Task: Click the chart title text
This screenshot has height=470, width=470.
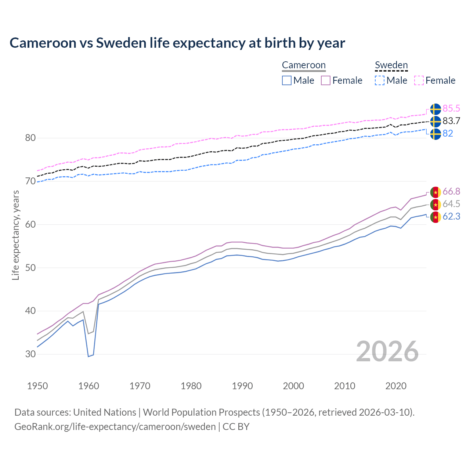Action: (177, 43)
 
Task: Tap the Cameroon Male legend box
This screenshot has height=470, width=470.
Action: (287, 80)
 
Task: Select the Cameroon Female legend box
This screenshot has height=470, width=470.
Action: (326, 80)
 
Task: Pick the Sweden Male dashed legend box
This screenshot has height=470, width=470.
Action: (380, 80)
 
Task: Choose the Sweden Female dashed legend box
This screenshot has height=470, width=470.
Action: (419, 80)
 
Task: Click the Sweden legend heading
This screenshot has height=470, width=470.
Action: (391, 65)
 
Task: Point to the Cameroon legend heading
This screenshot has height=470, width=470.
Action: (304, 65)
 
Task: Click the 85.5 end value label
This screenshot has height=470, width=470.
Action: (451, 109)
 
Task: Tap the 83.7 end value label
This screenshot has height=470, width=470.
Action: (451, 121)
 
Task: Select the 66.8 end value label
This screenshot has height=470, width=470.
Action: (451, 192)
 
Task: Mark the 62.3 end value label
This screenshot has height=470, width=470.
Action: (451, 217)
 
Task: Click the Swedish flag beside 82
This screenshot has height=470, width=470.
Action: (435, 134)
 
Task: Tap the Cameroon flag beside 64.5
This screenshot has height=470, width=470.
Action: (435, 205)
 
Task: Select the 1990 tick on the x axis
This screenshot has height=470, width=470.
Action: (242, 386)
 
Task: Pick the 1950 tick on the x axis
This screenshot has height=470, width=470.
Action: (37, 386)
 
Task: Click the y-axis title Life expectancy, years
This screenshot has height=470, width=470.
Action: (15, 235)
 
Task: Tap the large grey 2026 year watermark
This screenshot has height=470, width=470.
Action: (387, 351)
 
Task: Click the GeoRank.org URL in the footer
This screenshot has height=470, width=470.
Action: (115, 427)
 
